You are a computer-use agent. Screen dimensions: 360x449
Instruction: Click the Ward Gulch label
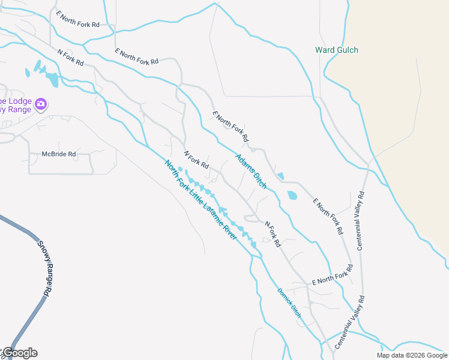tap(337, 50)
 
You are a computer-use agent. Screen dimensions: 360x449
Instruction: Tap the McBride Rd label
tap(59, 154)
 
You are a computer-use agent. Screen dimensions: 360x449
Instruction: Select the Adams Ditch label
tap(251, 171)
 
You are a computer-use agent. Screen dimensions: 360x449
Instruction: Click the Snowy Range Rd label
tap(43, 268)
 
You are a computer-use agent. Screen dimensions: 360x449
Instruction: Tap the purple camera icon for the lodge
tap(41, 104)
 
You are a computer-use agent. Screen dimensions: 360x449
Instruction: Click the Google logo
tap(20, 353)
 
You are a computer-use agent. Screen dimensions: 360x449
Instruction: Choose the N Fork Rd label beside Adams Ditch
tap(196, 160)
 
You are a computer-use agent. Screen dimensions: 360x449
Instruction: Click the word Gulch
tap(347, 50)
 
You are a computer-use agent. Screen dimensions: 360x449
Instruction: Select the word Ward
tap(325, 50)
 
